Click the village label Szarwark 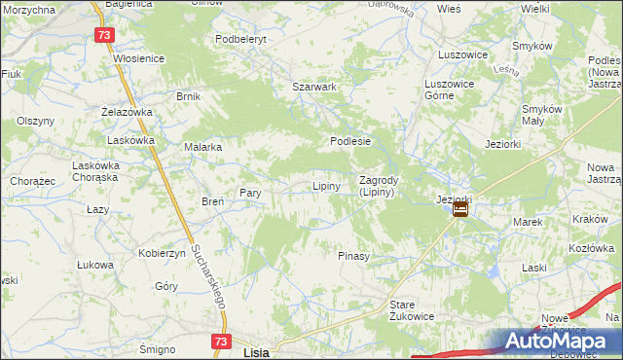tap(314, 87)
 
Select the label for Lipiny tap(325, 186)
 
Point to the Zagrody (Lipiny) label tap(377, 186)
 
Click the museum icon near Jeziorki tap(460, 208)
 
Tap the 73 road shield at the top tap(105, 35)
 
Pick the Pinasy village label tap(353, 256)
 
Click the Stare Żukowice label tap(411, 310)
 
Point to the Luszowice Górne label tap(447, 90)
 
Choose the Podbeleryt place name tap(239, 39)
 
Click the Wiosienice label tap(138, 58)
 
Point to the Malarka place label tap(203, 147)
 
